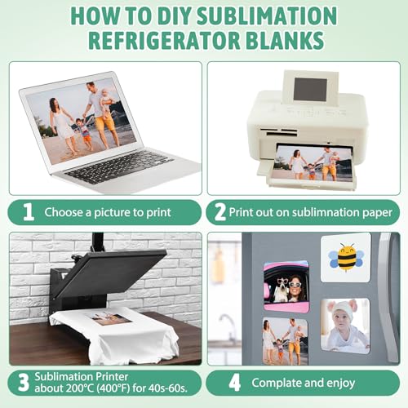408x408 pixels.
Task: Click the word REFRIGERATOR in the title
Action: point(165,40)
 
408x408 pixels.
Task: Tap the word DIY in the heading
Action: point(175,16)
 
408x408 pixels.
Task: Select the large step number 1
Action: point(28,212)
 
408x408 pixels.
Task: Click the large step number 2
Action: point(220,212)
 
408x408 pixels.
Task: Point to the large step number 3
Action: point(24,383)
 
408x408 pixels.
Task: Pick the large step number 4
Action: point(234,383)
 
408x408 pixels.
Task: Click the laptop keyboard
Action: point(120,166)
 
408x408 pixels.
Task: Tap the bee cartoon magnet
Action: point(346,258)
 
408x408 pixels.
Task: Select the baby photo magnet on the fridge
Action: point(345,326)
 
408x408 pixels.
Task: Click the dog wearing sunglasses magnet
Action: point(286,286)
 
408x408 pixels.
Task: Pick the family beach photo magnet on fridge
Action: point(286,341)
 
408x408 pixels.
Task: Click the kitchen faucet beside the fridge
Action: point(228,324)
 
